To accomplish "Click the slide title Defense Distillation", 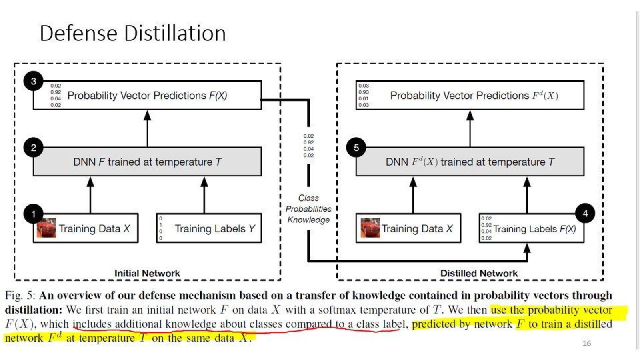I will click(133, 33).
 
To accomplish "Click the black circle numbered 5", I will click(357, 147).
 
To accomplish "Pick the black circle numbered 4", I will click(585, 214).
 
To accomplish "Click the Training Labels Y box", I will click(207, 229).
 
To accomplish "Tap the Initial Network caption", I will click(147, 273).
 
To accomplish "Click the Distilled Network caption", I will click(479, 273).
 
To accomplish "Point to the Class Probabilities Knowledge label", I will click(309, 209).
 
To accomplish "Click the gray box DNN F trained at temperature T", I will click(147, 162).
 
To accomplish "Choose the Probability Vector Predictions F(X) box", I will click(147, 95).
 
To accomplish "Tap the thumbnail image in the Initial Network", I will click(47, 228).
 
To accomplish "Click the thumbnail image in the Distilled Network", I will click(370, 228).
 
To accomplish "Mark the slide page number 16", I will click(587, 343).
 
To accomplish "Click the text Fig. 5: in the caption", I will click(22, 295).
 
